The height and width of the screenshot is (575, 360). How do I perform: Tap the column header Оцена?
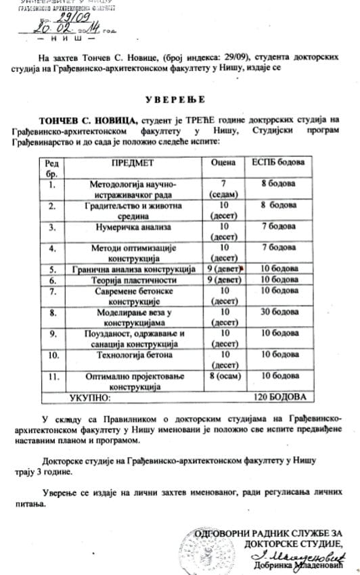point(223,163)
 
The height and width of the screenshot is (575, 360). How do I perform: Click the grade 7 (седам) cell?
point(223,189)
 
